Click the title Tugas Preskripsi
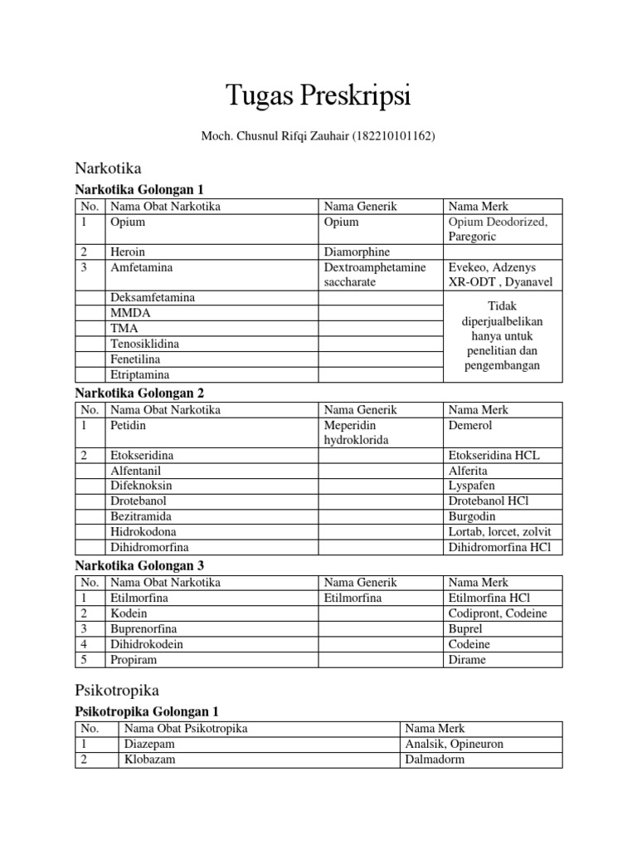click(318, 95)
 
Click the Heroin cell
click(128, 252)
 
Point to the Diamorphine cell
click(357, 252)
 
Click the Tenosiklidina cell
click(144, 344)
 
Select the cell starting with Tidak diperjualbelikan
click(503, 336)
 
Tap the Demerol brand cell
click(470, 425)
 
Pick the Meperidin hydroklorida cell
click(357, 432)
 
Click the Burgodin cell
click(471, 516)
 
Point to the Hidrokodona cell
click(143, 531)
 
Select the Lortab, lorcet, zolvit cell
click(498, 531)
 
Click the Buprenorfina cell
click(143, 629)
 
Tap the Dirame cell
click(467, 660)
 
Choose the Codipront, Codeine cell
click(496, 613)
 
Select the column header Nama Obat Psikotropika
click(186, 729)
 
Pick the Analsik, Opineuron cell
click(455, 744)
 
